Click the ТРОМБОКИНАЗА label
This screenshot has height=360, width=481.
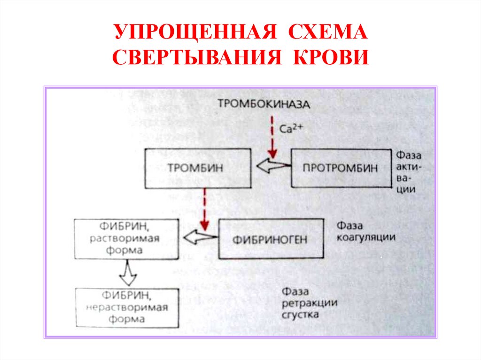(264, 104)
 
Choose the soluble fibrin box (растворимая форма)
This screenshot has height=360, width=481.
(127, 239)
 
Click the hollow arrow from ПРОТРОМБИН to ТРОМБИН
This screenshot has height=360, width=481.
(273, 166)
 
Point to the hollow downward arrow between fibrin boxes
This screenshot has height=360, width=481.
(128, 273)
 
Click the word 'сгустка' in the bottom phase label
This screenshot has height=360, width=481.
(301, 314)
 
